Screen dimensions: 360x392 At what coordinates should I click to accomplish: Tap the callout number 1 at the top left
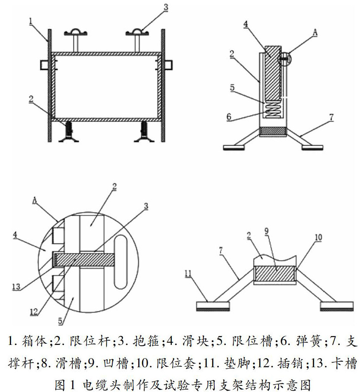[31, 21]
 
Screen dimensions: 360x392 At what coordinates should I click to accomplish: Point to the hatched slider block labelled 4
[272, 73]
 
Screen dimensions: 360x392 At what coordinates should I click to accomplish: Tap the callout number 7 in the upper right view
[331, 117]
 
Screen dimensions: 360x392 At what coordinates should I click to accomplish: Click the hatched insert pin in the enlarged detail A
[84, 260]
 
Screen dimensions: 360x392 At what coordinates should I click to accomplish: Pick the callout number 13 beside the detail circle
[16, 287]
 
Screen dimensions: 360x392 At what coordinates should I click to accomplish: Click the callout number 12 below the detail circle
[34, 312]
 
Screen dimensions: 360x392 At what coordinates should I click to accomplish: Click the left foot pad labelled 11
[213, 306]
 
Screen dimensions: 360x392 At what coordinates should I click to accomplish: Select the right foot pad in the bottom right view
[337, 306]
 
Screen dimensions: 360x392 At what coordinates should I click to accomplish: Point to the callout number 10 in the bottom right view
[318, 238]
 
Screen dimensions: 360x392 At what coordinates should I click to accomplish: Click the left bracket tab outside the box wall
[44, 65]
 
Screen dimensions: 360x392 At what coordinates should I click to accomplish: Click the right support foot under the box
[144, 132]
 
